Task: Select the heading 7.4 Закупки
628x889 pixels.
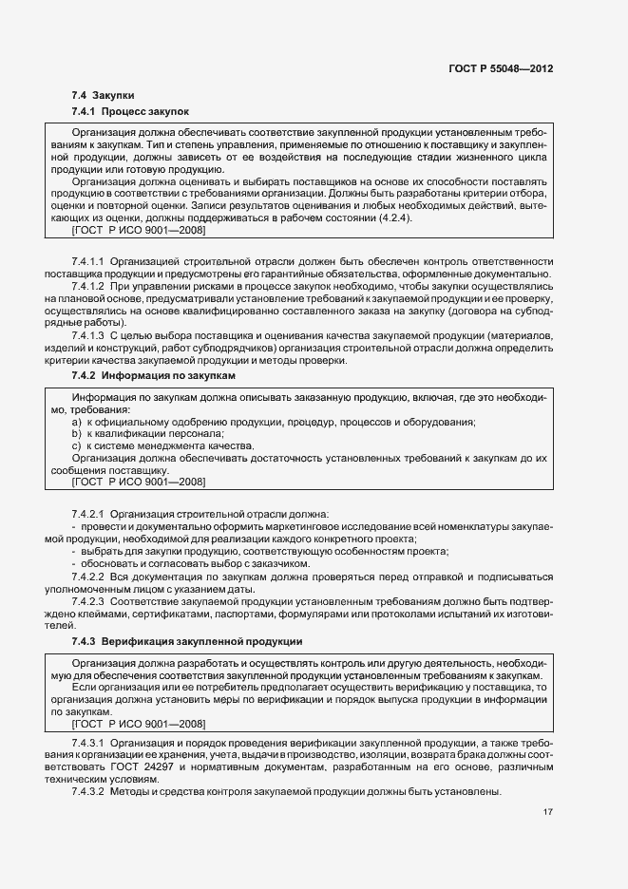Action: click(x=103, y=96)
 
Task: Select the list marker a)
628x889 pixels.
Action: click(x=76, y=422)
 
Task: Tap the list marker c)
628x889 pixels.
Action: click(x=76, y=445)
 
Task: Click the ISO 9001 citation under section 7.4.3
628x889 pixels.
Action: click(x=139, y=723)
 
